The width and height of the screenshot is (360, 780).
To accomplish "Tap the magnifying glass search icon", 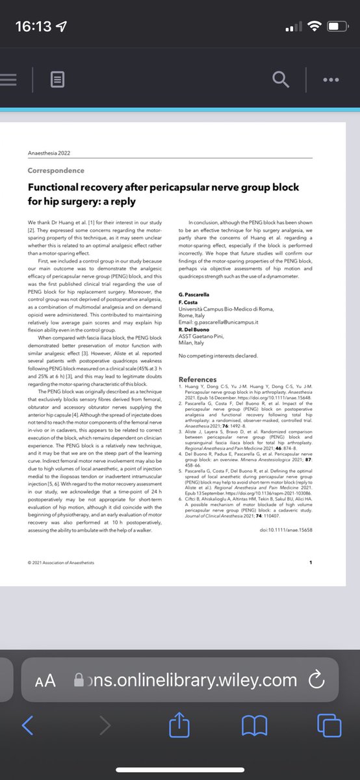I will point(280,80).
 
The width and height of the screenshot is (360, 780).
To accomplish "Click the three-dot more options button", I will point(331,80).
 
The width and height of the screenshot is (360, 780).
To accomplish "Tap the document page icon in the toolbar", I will point(58,81).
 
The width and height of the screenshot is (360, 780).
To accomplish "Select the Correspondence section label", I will point(56,170).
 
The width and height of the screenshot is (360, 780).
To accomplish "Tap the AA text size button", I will point(45,680).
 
